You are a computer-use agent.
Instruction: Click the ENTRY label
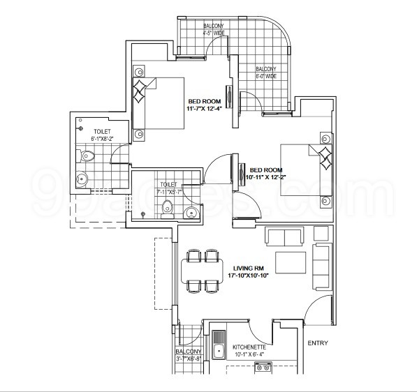pos(317,342)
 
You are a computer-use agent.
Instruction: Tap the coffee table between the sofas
pos(291,262)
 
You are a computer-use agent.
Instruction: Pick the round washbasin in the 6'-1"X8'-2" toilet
pos(82,179)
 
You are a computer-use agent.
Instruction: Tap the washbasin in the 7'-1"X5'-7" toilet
pos(191,213)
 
